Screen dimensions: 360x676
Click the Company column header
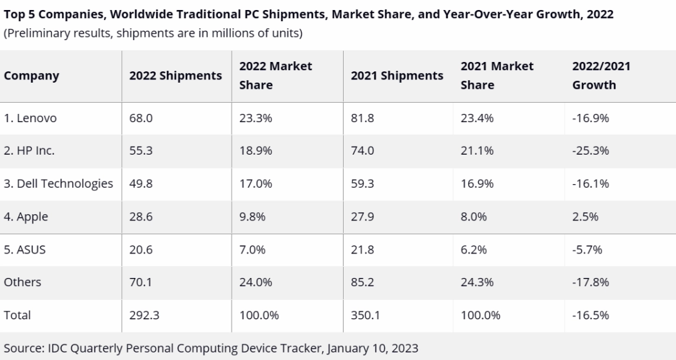pos(31,76)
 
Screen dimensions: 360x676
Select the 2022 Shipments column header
pos(175,76)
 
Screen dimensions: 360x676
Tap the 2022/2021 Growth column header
pos(601,75)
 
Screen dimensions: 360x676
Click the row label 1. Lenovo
pos(30,118)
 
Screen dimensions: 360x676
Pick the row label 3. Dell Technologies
pos(58,183)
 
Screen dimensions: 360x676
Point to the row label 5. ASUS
pos(24,249)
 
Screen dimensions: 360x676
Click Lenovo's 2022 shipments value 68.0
pos(140,118)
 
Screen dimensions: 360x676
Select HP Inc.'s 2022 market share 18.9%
pos(255,151)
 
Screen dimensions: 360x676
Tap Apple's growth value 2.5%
pos(585,217)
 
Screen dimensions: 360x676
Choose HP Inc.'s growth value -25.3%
pos(590,151)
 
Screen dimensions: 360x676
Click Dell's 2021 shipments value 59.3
pos(362,183)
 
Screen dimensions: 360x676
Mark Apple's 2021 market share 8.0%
pos(474,217)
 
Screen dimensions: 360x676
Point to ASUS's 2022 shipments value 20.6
pos(140,249)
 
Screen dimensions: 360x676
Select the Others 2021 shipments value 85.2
pos(362,282)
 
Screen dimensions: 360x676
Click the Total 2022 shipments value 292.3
pos(144,316)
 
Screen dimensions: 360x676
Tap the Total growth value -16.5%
pos(590,316)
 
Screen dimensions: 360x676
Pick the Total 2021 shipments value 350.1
pos(366,316)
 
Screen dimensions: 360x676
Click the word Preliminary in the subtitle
pos(37,33)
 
